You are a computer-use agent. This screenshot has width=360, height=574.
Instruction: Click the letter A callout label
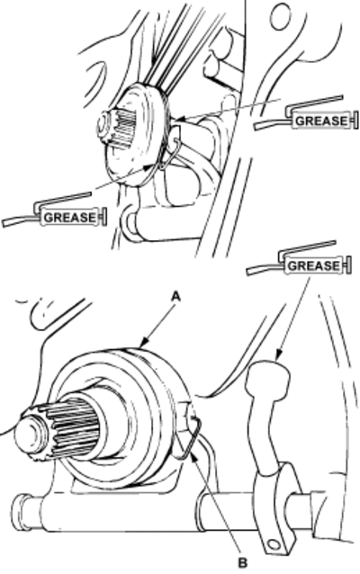pos(176,296)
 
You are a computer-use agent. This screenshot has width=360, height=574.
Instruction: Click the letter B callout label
pos(242,561)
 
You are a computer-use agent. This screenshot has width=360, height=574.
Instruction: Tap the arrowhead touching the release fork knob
pos(278,354)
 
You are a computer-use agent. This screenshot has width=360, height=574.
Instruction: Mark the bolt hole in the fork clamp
pos(274,544)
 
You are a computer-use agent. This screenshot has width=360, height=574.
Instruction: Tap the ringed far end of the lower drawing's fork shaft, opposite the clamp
pos(21,512)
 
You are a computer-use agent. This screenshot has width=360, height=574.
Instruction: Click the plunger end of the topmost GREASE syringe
pos(355,121)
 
